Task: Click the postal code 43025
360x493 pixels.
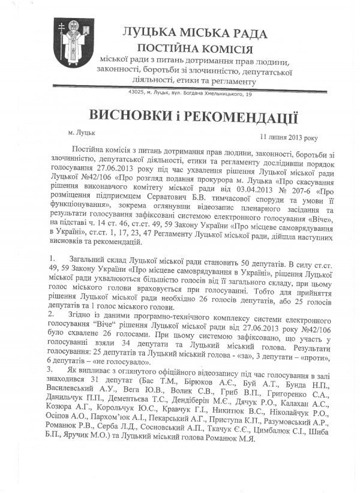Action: tap(135, 94)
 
